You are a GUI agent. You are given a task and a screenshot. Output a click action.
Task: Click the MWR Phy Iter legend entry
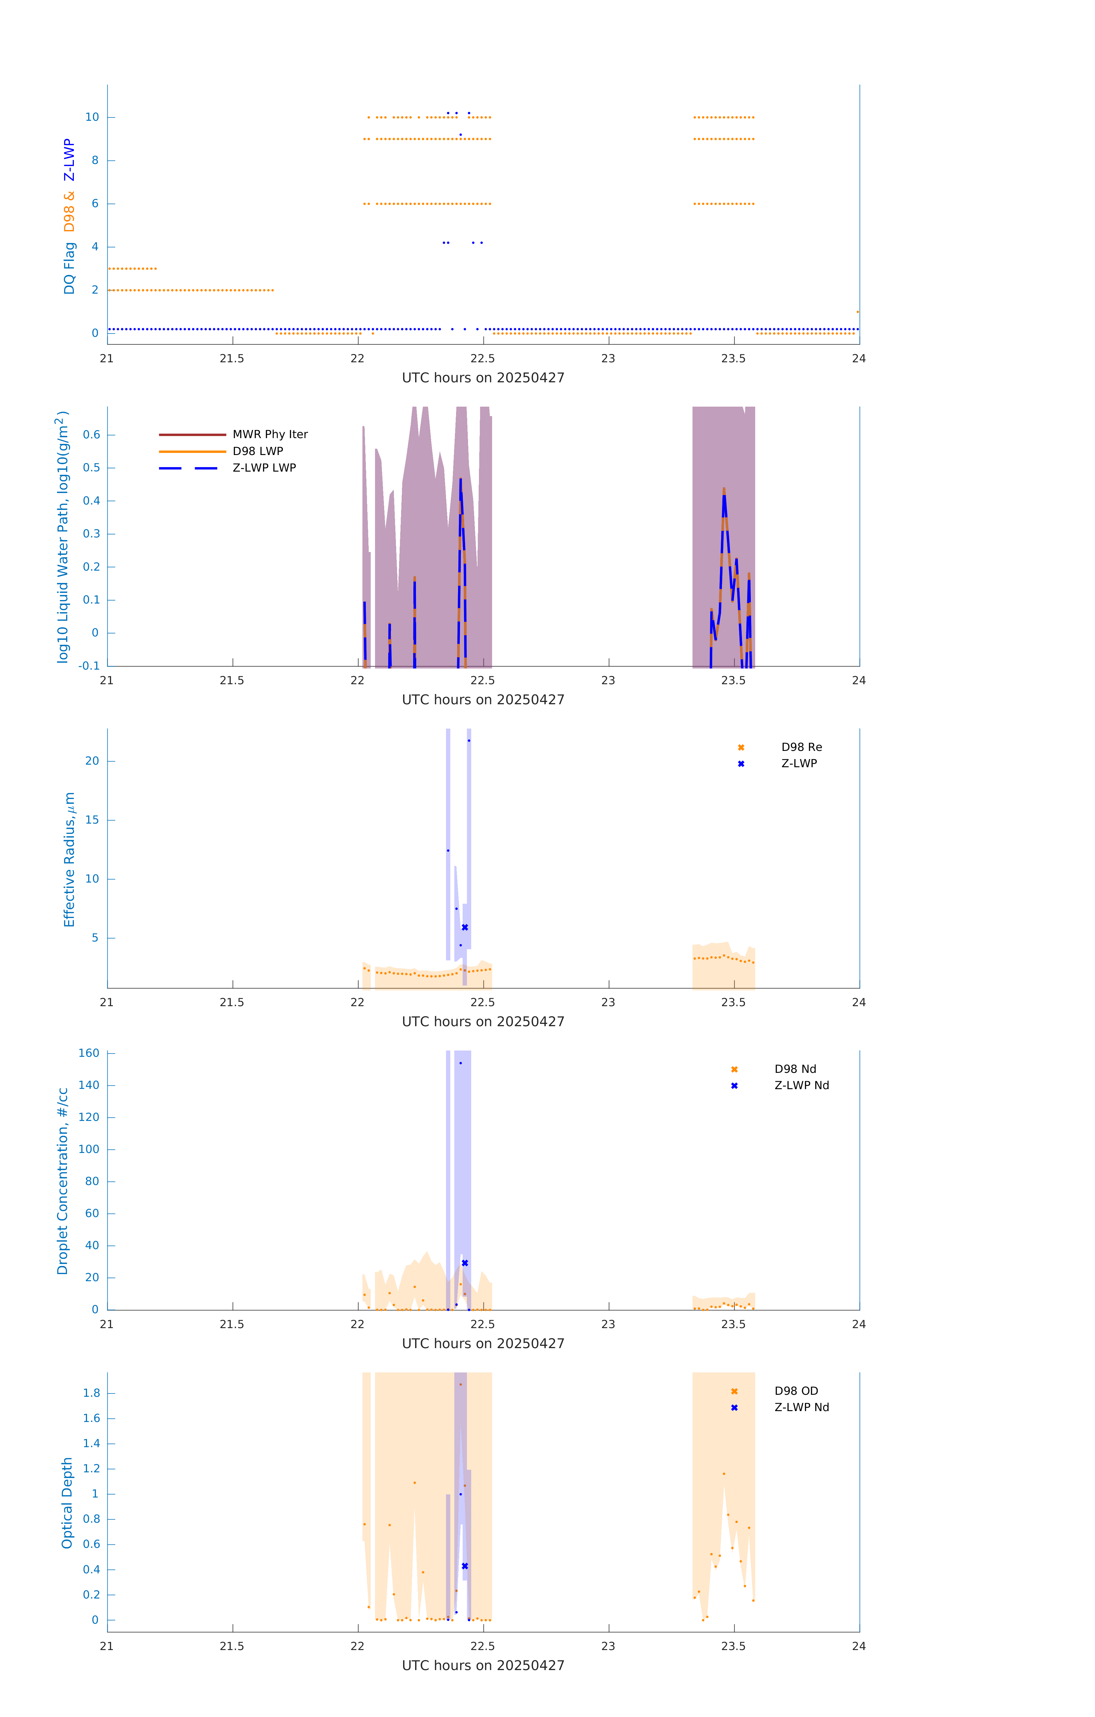pos(270,434)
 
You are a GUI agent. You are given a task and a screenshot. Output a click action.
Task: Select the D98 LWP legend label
pos(258,451)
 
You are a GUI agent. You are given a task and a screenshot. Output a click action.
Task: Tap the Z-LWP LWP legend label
pos(264,468)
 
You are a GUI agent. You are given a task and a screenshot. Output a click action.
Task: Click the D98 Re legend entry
pos(801,747)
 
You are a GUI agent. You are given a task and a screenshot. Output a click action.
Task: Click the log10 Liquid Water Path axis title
pos(63,537)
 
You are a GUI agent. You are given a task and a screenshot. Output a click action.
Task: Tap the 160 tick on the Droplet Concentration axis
pos(89,1053)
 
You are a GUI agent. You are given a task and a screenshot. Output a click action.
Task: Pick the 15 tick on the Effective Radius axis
pos(92,820)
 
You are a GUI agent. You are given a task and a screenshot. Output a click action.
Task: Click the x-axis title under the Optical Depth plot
pos(483,1666)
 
